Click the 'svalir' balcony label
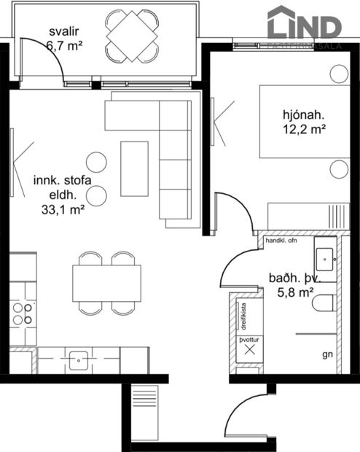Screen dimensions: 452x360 [63, 32]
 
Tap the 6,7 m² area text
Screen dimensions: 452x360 [63, 45]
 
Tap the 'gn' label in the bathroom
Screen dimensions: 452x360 [326, 356]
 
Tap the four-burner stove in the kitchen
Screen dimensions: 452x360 [23, 313]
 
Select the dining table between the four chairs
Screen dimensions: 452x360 [106, 283]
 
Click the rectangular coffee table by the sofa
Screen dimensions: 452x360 [134, 168]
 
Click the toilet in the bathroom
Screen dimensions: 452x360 [324, 304]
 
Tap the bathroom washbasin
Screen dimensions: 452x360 [325, 257]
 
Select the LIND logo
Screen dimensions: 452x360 [304, 26]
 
